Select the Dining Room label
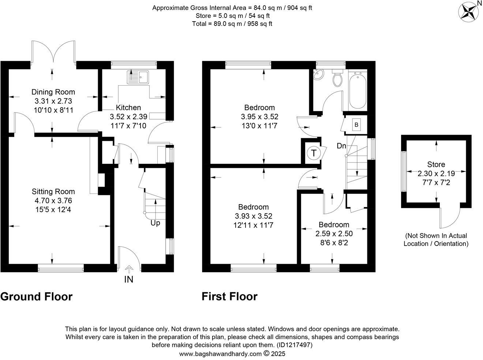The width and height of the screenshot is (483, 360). point(53,92)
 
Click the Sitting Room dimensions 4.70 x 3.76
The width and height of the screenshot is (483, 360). point(53,200)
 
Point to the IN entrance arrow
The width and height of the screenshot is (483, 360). point(129,270)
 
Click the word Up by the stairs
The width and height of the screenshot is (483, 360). point(155,223)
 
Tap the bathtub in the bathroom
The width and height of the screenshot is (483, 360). point(357,90)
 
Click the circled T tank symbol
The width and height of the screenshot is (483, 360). point(314,153)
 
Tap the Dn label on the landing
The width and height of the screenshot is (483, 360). point(341,146)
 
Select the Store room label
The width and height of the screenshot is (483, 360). point(436,165)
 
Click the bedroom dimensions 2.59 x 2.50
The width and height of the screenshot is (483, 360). point(334,233)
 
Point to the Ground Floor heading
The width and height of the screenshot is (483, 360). point(36,296)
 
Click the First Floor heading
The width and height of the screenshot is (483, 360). point(229,296)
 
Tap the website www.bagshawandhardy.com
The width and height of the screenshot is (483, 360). point(220,354)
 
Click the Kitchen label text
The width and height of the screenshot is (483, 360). point(128,108)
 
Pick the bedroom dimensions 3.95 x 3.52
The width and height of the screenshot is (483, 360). point(259,117)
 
